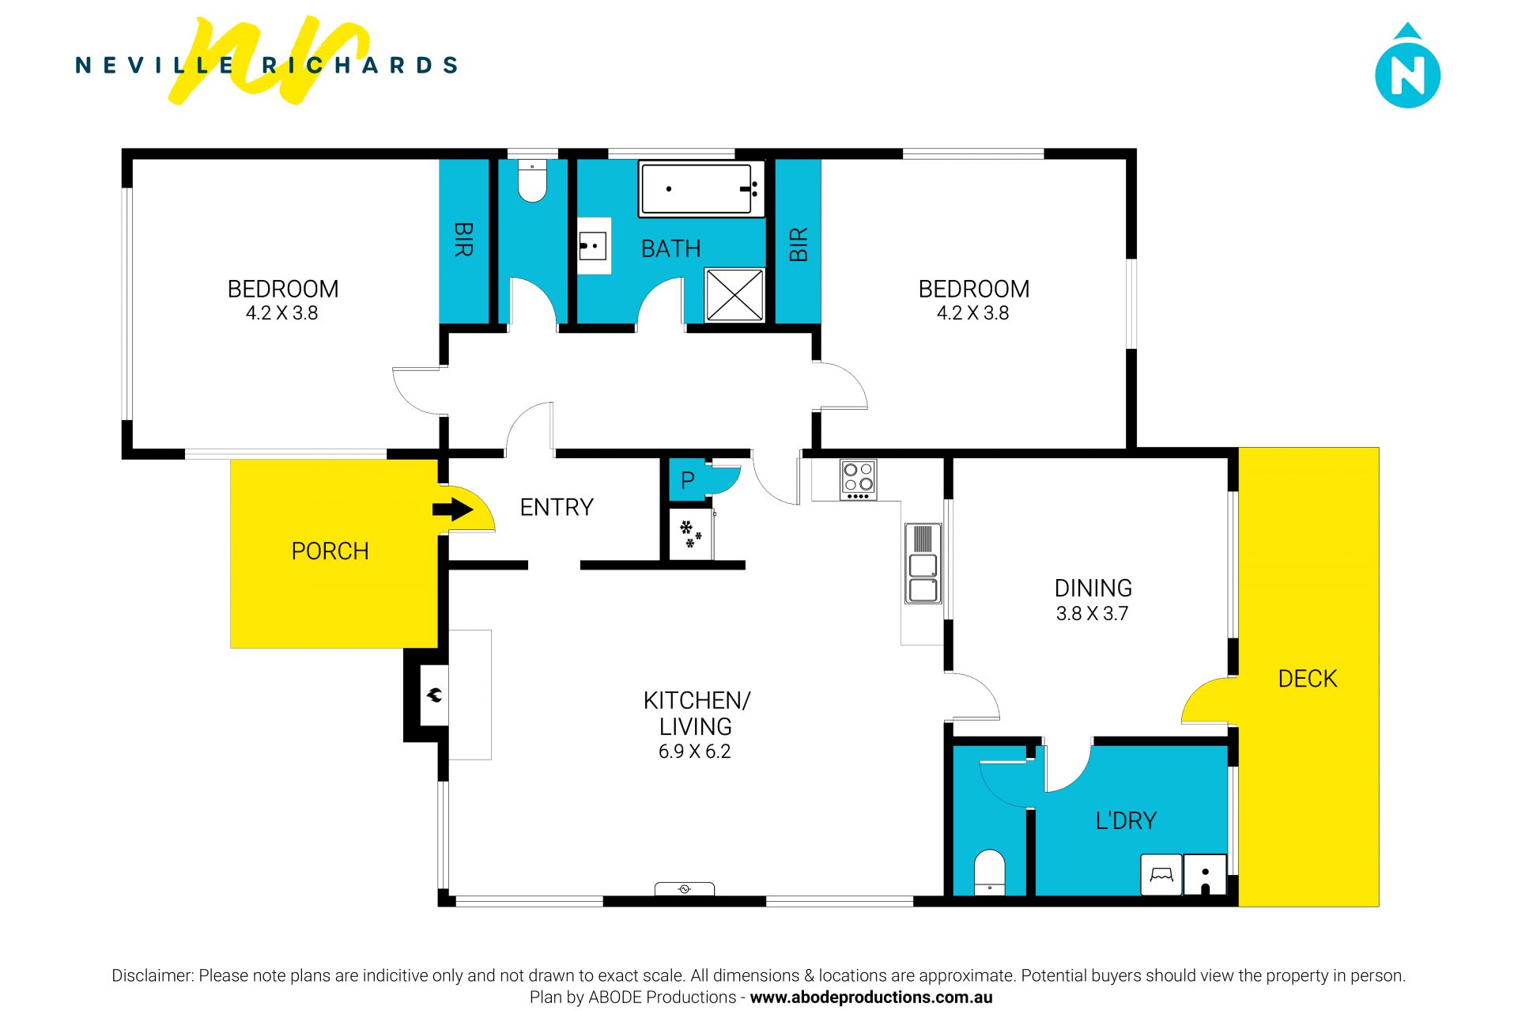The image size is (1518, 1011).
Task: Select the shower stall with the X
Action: (x=734, y=295)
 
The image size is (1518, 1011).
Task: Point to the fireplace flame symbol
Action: (x=434, y=695)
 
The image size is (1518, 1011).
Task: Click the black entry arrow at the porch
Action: (x=452, y=509)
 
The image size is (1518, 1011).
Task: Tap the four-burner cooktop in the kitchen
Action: (x=858, y=479)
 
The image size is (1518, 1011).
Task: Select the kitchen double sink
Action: (x=923, y=563)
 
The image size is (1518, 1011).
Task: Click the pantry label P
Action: (x=687, y=480)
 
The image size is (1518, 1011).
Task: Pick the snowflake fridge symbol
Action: (x=690, y=534)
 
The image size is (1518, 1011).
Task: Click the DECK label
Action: (x=1308, y=679)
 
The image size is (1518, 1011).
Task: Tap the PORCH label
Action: (x=330, y=551)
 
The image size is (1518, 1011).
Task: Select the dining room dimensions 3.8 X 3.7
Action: (x=1092, y=613)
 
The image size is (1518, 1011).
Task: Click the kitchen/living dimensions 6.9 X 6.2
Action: (x=694, y=752)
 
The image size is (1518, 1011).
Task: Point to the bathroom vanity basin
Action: (x=593, y=246)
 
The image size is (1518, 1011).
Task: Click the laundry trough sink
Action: (x=1205, y=875)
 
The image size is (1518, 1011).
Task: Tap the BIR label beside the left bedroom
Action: (x=463, y=239)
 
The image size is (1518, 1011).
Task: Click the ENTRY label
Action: (x=557, y=507)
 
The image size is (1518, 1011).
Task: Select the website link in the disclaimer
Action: (x=870, y=998)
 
